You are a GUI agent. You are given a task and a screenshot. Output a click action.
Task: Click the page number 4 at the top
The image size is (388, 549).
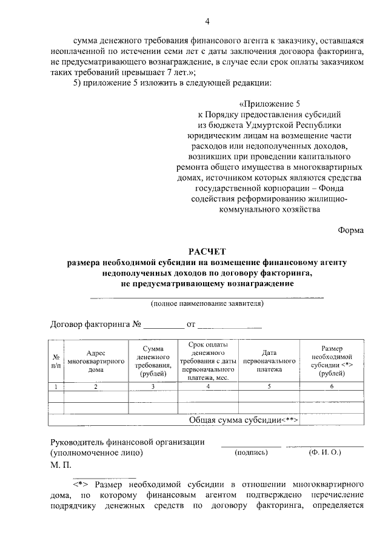coord(207,22)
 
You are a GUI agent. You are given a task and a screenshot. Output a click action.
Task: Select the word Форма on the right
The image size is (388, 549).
coord(350,229)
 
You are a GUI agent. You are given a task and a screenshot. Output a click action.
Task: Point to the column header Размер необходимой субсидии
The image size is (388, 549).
coord(332,361)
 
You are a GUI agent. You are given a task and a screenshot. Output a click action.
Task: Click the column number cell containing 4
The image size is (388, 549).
coord(208,386)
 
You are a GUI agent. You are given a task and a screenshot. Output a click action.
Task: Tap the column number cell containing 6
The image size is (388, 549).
coord(332,386)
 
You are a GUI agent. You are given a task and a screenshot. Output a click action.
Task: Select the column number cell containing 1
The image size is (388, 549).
coord(56,386)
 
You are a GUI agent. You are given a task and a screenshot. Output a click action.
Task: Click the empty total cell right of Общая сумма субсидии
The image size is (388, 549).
coord(332,420)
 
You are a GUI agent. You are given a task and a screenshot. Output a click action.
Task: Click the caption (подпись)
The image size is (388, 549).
coord(250,452)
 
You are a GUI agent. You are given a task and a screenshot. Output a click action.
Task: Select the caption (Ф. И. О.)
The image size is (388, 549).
coord(325,452)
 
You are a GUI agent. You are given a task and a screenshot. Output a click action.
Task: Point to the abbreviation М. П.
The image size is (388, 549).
coord(61,465)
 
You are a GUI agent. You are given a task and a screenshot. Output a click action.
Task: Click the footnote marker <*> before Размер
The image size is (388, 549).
coord(82,485)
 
